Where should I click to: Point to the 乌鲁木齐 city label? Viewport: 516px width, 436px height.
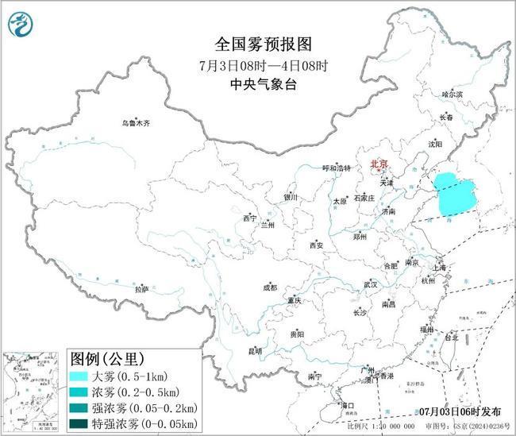coord(135,123)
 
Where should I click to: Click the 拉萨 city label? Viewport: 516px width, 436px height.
coord(141,290)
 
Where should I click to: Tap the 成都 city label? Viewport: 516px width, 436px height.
coord(271,287)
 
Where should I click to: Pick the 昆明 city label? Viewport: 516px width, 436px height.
coord(255,350)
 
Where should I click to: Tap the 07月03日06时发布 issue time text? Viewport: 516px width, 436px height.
coord(460,411)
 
